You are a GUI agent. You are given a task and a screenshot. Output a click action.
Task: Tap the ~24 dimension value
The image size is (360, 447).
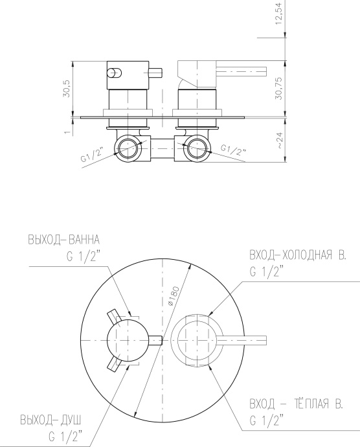(x=278, y=142)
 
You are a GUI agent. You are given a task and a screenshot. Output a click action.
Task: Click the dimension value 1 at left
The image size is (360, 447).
(x=66, y=132)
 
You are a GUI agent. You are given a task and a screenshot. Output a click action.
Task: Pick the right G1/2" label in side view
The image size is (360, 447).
(x=232, y=150)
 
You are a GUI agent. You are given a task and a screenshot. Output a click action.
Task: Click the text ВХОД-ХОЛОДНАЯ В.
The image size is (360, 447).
(x=297, y=256)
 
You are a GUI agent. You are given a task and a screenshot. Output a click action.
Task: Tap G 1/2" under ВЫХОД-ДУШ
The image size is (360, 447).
(x=65, y=436)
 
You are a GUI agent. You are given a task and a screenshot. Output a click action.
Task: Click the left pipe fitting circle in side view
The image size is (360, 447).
(x=127, y=148)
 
